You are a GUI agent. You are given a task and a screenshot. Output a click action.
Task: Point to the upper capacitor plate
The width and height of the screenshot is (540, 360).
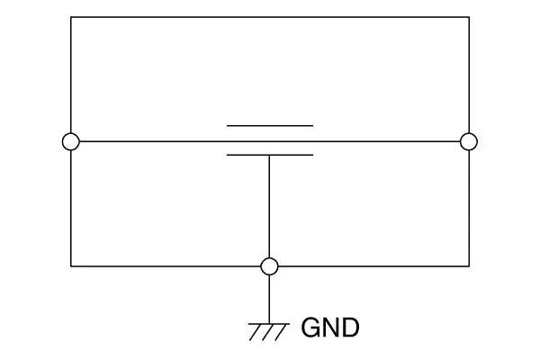[270, 126]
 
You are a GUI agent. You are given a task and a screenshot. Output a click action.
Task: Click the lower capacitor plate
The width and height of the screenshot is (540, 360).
[270, 155]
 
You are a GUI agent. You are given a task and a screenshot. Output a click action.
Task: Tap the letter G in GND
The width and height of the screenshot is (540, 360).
[311, 328]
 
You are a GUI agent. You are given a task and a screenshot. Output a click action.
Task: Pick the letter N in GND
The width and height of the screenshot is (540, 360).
[331, 328]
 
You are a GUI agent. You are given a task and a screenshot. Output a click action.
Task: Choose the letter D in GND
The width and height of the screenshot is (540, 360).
[351, 328]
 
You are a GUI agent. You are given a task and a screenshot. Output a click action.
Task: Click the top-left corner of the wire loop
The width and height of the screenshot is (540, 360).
[71, 17]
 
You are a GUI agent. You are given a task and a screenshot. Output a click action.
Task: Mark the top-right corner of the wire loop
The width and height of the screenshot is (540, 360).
[469, 17]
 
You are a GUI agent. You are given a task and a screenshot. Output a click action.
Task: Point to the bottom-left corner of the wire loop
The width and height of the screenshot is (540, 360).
[71, 266]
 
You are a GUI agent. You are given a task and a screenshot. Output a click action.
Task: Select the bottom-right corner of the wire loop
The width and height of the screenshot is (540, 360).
[469, 266]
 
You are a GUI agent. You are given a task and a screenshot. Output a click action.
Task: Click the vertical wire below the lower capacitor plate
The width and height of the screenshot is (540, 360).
[269, 207]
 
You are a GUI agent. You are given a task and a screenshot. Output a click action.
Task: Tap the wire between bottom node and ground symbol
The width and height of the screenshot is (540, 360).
[269, 299]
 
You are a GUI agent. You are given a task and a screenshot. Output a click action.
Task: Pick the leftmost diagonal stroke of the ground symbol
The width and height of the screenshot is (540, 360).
[256, 332]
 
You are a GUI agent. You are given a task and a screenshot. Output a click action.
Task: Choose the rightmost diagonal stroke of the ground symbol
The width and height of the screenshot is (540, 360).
[281, 332]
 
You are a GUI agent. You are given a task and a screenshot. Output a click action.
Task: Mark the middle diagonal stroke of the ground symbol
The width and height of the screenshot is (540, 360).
[268, 332]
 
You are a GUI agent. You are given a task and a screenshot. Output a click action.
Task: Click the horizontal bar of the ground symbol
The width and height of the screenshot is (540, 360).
[269, 324]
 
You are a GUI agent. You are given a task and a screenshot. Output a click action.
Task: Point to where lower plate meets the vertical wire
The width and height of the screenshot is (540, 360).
[269, 156]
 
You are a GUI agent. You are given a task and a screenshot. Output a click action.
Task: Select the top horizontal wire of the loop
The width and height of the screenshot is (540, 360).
[270, 17]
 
